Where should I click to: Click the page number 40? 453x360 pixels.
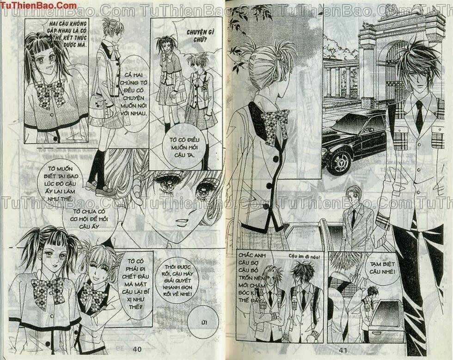pyautogui.click(x=136, y=349)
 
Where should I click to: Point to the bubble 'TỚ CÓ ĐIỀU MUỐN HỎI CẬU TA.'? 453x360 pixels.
pyautogui.click(x=187, y=146)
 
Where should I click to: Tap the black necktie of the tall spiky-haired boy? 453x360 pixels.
pyautogui.click(x=419, y=116)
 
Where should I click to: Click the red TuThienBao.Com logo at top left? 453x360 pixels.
pyautogui.click(x=39, y=6)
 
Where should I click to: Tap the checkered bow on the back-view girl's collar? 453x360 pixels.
pyautogui.click(x=276, y=125)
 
